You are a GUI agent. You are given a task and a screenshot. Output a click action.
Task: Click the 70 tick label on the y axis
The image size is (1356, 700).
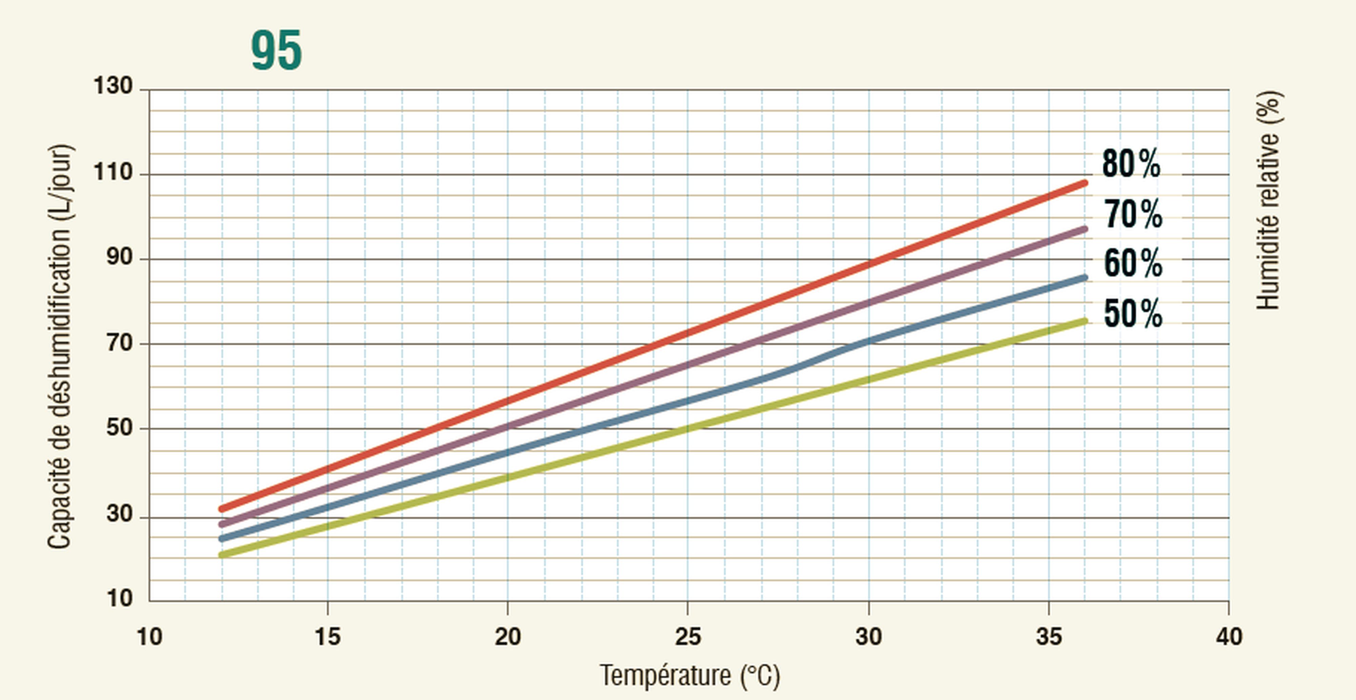pyautogui.click(x=119, y=343)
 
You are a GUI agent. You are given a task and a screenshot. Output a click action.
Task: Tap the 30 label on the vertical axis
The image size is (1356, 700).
pyautogui.click(x=119, y=513)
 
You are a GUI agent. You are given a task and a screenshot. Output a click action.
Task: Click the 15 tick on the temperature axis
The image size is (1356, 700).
pyautogui.click(x=327, y=637)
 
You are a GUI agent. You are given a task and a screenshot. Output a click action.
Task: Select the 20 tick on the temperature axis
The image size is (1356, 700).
pyautogui.click(x=507, y=637)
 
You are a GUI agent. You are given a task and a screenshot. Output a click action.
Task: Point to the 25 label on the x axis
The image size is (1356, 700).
pyautogui.click(x=687, y=637)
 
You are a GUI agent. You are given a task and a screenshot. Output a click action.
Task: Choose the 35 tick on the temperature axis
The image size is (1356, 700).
pyautogui.click(x=1049, y=637)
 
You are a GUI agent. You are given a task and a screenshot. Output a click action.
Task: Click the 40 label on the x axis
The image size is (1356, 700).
pyautogui.click(x=1229, y=637)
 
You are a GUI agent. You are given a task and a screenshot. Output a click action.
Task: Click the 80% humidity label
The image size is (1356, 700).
pyautogui.click(x=1131, y=164)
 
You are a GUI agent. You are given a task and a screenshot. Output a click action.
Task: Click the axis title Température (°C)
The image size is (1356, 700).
pyautogui.click(x=690, y=675)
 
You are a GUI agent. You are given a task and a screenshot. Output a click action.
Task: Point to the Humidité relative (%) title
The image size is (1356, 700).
pyautogui.click(x=1269, y=200)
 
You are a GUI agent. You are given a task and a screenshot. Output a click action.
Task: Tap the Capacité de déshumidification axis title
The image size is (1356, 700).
pyautogui.click(x=59, y=347)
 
